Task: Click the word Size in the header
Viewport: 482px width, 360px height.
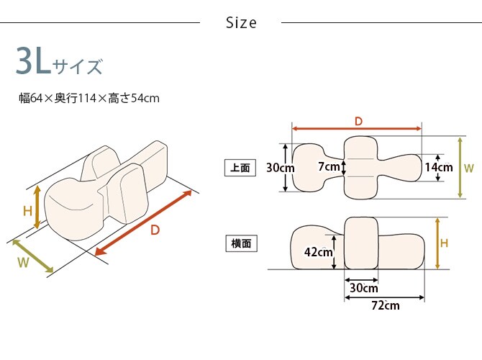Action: coord(241,23)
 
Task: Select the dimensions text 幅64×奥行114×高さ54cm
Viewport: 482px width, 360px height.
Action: coord(89,98)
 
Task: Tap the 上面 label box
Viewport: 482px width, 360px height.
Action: coord(240,168)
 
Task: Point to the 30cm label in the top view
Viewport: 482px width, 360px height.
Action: coord(279,168)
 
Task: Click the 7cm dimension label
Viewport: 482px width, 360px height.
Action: coord(328,167)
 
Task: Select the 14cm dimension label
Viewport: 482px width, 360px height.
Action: coord(439,167)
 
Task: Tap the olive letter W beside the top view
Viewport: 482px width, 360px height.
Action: coord(469,168)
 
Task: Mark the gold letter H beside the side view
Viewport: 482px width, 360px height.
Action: coord(445,243)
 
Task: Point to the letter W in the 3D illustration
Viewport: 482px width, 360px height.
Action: coord(23,263)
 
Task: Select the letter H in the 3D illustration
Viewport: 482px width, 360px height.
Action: coord(27,211)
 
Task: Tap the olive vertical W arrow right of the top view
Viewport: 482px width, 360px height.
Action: coord(459,167)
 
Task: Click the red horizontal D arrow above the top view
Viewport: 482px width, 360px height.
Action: coord(357,129)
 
